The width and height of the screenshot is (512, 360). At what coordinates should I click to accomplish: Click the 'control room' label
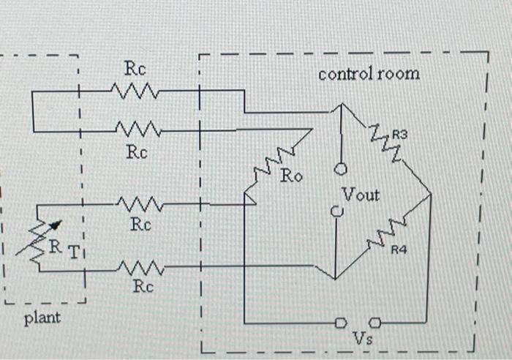click(x=369, y=74)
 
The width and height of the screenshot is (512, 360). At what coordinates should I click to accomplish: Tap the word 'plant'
click(x=42, y=318)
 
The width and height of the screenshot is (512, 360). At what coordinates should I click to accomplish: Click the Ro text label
click(x=294, y=176)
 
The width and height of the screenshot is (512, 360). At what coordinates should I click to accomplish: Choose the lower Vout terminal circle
click(x=336, y=212)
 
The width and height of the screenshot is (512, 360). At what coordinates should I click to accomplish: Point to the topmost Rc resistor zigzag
click(x=135, y=91)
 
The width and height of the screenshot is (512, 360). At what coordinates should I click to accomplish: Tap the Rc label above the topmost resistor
click(x=135, y=70)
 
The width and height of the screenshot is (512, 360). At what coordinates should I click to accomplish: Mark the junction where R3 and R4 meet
click(x=432, y=194)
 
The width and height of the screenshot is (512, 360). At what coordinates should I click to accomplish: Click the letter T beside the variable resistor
click(x=74, y=252)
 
